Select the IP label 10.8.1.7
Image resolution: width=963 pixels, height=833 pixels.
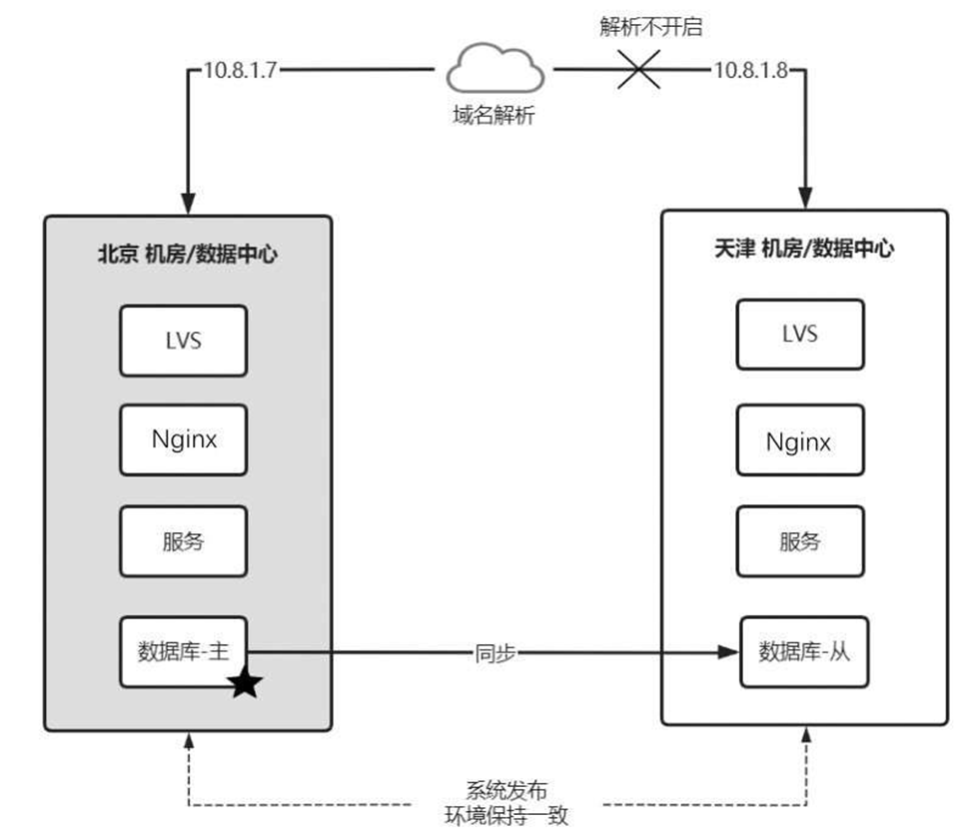pyautogui.click(x=239, y=71)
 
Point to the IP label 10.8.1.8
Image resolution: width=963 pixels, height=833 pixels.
pyautogui.click(x=752, y=71)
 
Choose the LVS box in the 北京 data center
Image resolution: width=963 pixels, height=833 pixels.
pyautogui.click(x=183, y=341)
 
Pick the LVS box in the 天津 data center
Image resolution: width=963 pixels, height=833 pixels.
pyautogui.click(x=799, y=333)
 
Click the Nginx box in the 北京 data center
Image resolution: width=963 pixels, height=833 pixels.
pyautogui.click(x=183, y=439)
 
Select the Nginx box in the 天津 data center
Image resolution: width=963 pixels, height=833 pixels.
pyautogui.click(x=799, y=440)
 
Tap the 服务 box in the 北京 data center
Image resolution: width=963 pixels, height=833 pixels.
pyautogui.click(x=183, y=541)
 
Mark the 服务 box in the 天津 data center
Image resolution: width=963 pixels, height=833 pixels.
pyautogui.click(x=799, y=541)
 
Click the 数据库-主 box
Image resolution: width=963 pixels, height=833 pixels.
pyautogui.click(x=183, y=651)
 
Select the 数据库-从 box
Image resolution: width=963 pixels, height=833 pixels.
pyautogui.click(x=802, y=652)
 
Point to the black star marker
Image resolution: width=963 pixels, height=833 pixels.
pyautogui.click(x=245, y=685)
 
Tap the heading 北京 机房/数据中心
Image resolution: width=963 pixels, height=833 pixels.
pyautogui.click(x=187, y=255)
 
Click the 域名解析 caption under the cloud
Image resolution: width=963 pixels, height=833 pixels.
pyautogui.click(x=493, y=116)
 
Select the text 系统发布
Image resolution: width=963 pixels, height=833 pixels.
pyautogui.click(x=506, y=789)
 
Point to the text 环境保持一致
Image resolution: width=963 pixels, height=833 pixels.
pyautogui.click(x=506, y=814)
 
